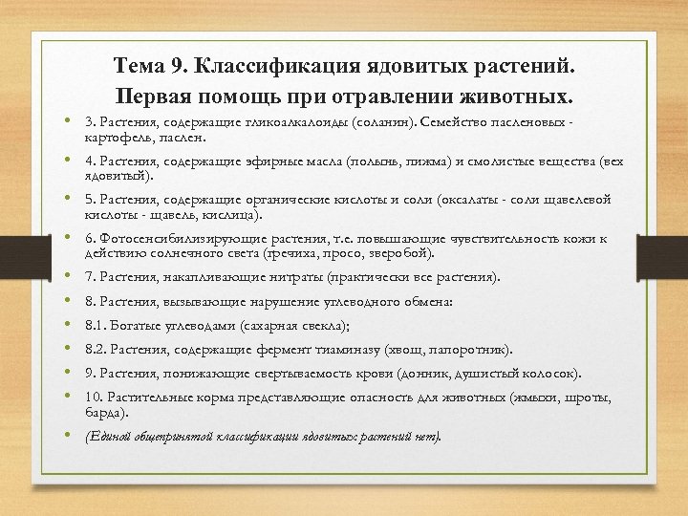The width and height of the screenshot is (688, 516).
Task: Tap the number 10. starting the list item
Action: click(95, 397)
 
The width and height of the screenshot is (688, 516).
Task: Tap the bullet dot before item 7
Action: click(72, 277)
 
